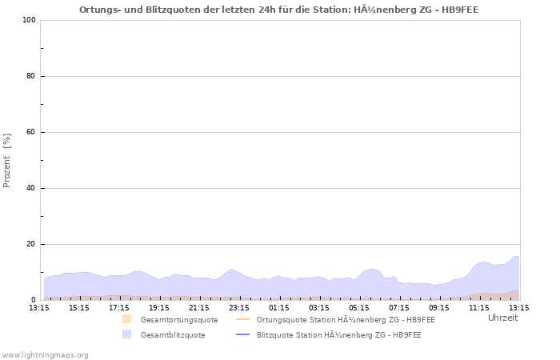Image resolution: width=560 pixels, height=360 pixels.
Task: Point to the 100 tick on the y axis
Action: click(30, 20)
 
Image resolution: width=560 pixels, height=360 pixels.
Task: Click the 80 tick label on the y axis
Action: click(30, 76)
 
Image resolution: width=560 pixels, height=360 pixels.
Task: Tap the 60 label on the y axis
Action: click(30, 132)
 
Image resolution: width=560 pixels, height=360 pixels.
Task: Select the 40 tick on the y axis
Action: click(30, 188)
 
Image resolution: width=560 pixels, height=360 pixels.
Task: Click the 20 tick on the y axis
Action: click(30, 244)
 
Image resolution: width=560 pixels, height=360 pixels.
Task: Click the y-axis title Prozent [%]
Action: click(8, 160)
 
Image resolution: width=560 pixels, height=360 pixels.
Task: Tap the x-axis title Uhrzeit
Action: click(502, 318)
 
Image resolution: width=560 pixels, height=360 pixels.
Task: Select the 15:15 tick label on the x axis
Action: click(79, 307)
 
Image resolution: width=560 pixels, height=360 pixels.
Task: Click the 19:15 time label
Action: click(159, 307)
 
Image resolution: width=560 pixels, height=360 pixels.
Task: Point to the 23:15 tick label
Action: click(239, 307)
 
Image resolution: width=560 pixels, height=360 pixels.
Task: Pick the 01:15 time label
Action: click(279, 307)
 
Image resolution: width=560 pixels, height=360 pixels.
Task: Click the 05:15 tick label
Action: click(359, 307)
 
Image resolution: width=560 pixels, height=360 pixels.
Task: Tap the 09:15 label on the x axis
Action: click(439, 307)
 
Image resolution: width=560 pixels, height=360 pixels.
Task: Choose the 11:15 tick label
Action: click(479, 307)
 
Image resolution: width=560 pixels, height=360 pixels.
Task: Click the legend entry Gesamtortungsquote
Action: click(167, 320)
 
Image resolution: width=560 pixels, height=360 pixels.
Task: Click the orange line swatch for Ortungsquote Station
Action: click(243, 320)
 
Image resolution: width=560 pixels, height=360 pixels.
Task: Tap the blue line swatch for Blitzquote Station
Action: click(243, 335)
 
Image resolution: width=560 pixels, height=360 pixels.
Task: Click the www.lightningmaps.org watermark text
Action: click(45, 354)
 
